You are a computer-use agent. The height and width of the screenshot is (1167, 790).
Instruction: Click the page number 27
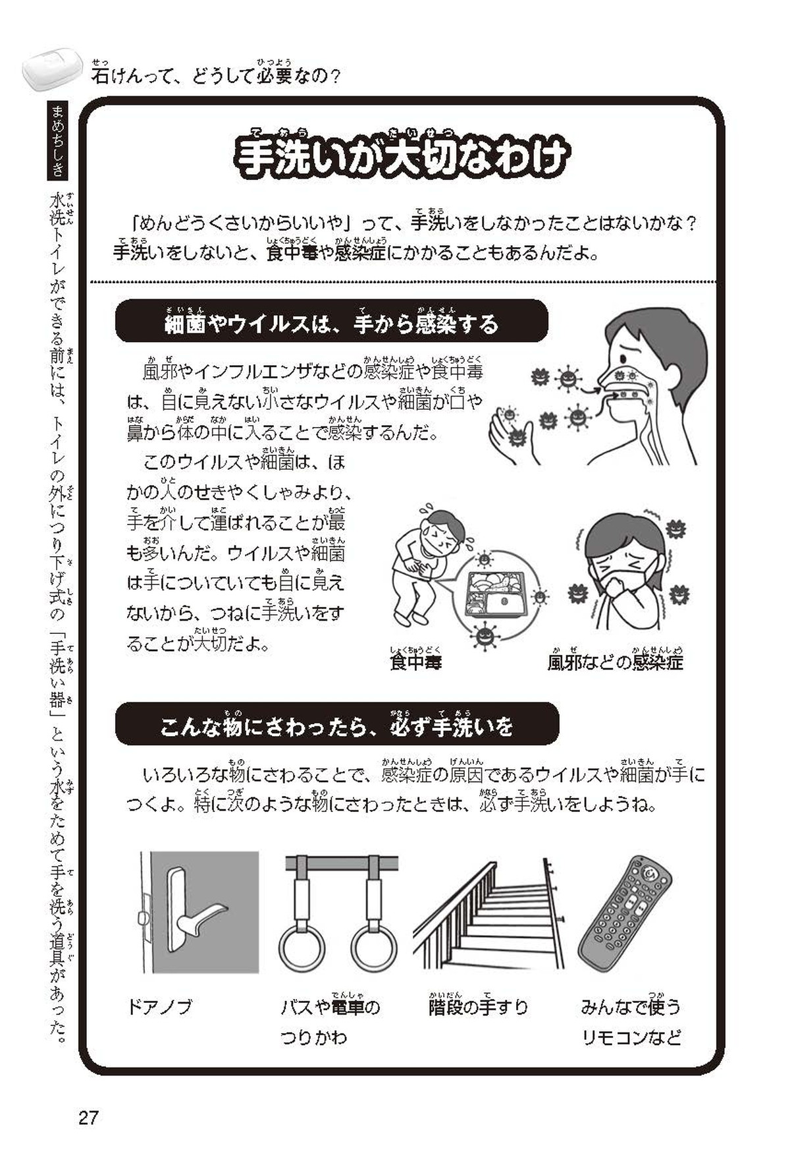tap(88, 1118)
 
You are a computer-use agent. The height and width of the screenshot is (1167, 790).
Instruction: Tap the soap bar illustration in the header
tap(52, 68)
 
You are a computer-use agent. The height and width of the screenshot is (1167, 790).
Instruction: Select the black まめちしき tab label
tap(58, 141)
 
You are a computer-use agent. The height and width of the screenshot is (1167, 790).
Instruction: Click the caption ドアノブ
tap(159, 1007)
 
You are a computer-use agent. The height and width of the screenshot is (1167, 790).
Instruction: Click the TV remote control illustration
tap(624, 913)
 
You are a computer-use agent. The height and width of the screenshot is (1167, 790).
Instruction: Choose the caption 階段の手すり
tap(479, 1006)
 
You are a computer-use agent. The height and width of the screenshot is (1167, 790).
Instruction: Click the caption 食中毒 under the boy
tap(415, 662)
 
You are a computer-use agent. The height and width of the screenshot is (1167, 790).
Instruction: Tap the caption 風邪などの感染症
tap(615, 662)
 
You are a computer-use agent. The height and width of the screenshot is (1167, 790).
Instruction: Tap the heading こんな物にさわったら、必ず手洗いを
tap(336, 727)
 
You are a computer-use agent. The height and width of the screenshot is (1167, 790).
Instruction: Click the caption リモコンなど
tap(631, 1038)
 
